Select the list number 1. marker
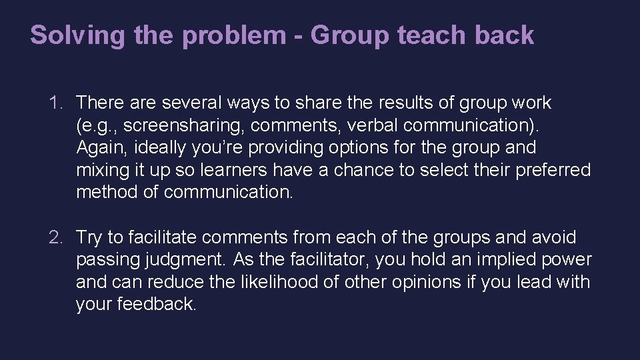pyautogui.click(x=56, y=103)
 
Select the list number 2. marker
pyautogui.click(x=56, y=237)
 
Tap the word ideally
pyautogui.click(x=152, y=148)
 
